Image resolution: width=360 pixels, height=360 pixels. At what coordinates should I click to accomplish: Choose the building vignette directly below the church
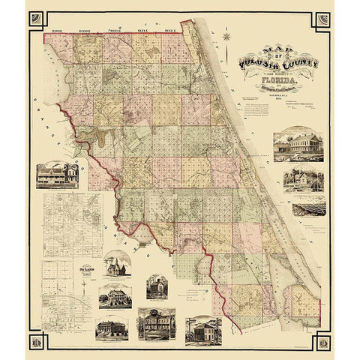[x=115, y=298]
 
